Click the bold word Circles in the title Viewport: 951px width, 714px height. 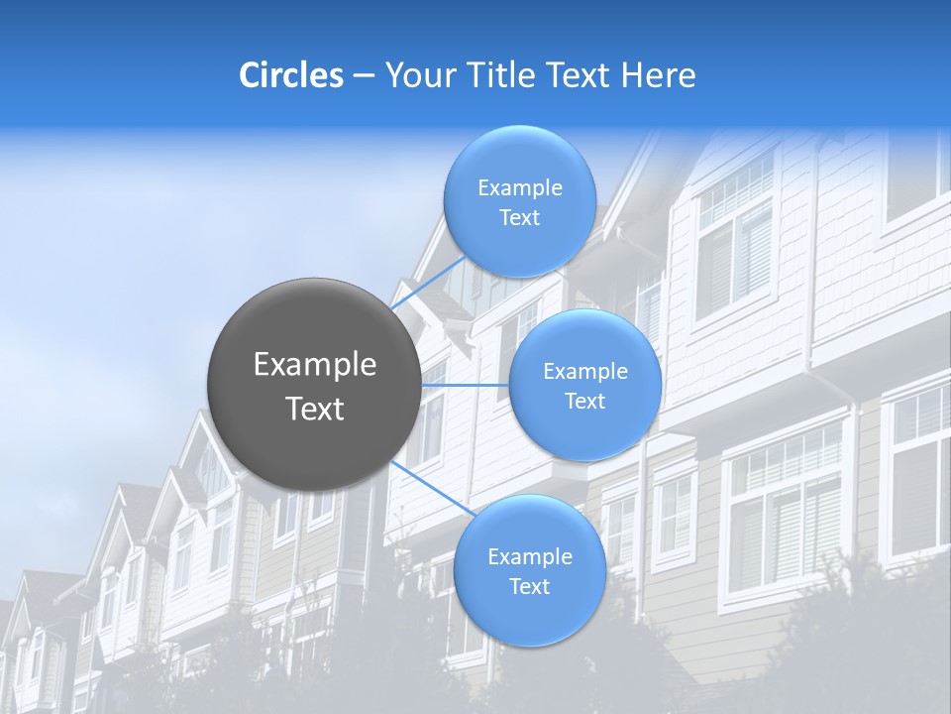coord(290,75)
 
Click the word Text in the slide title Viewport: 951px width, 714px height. coord(581,75)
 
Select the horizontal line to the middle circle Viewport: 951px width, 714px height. coord(466,385)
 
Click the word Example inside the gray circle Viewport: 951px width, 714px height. coord(315,365)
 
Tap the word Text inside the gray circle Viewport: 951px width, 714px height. coord(315,409)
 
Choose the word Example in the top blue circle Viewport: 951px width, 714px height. coord(519,187)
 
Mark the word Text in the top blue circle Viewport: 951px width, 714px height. coord(519,217)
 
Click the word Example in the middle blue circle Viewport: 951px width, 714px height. coord(584,371)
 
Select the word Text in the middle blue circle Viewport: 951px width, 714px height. coord(584,401)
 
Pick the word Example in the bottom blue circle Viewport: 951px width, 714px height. coord(529,556)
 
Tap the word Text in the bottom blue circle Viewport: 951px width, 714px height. coord(529,586)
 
